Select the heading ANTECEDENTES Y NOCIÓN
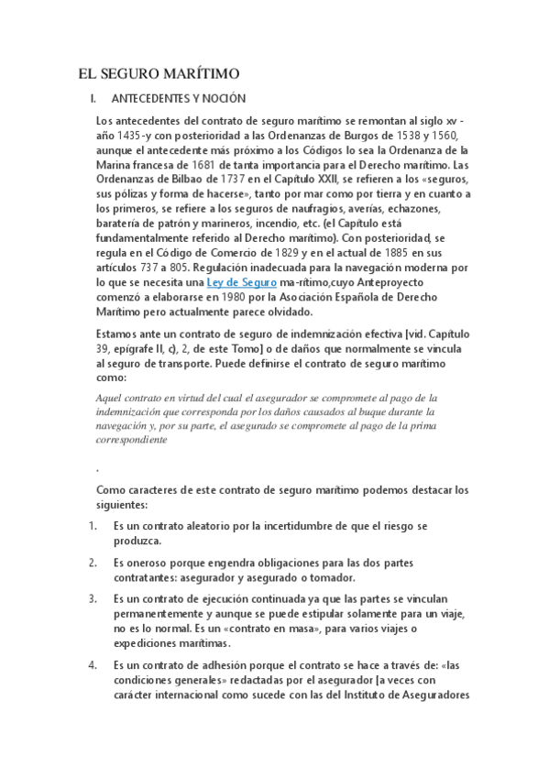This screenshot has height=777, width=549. click(x=178, y=99)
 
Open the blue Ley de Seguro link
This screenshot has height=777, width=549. click(x=242, y=283)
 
